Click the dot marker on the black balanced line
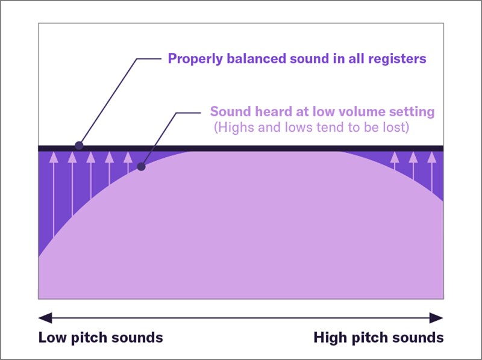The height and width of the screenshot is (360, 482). (79, 146)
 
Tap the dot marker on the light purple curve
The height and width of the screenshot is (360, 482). (141, 166)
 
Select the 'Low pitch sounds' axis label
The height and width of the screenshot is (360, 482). (101, 337)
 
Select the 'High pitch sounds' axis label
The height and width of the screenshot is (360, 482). (378, 337)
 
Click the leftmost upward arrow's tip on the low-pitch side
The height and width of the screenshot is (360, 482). (54, 157)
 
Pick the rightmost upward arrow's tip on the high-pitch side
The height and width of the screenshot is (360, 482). (431, 157)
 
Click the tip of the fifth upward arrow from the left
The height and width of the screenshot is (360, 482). (128, 157)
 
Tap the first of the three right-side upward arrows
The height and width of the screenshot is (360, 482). (395, 157)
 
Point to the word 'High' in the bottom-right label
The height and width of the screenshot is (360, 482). (330, 337)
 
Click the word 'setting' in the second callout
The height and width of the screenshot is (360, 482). (413, 111)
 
